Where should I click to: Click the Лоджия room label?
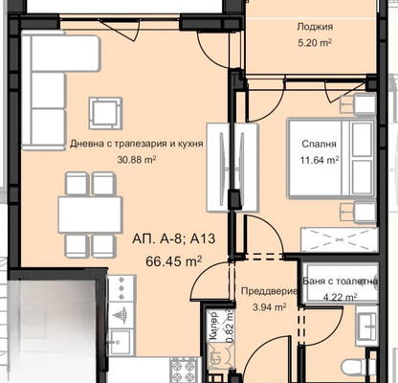[315, 27]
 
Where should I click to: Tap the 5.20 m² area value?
[315, 42]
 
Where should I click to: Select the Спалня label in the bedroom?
[319, 144]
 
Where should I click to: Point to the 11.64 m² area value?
[319, 159]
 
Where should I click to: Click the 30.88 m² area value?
[137, 159]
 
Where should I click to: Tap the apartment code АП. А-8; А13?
[174, 238]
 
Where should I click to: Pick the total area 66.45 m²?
[174, 261]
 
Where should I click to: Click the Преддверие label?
[270, 291]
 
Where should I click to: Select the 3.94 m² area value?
[270, 307]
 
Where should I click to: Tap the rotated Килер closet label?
[213, 326]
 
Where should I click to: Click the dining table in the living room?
[90, 214]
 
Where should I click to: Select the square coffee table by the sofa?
[105, 113]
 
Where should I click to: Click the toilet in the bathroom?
[357, 367]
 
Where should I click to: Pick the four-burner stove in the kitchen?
[185, 370]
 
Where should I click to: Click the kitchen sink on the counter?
[120, 342]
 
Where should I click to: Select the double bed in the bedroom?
[332, 158]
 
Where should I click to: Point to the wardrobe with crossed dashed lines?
[340, 239]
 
